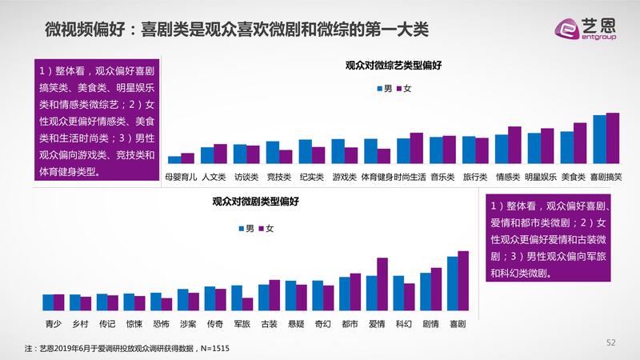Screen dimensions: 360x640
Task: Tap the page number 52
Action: [x=611, y=342]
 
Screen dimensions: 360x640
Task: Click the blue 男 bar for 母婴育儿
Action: [x=174, y=159]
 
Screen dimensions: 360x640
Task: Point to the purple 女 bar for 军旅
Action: [x=248, y=304]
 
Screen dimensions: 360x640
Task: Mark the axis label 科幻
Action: [x=402, y=325]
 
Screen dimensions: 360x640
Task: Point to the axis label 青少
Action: [x=53, y=325]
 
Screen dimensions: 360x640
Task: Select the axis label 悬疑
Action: [x=295, y=325]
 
